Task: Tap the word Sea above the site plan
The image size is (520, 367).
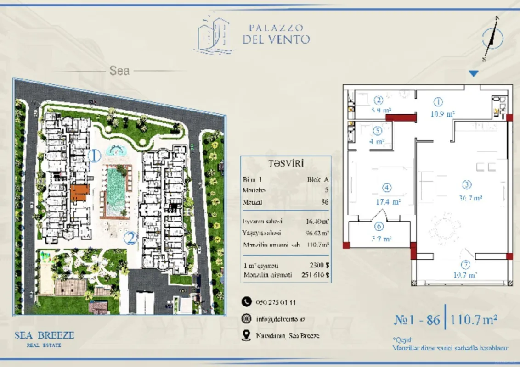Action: coord(119,71)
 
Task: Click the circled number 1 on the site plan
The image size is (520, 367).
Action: coord(94,156)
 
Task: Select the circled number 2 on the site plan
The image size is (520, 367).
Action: coord(131,238)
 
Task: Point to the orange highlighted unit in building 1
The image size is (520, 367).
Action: coord(79,193)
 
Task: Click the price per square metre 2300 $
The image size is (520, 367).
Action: coord(320,266)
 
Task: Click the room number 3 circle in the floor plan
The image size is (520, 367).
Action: coord(467,185)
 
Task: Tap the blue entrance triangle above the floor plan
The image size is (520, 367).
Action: coord(474,73)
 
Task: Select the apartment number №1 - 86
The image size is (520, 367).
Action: coord(417,319)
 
